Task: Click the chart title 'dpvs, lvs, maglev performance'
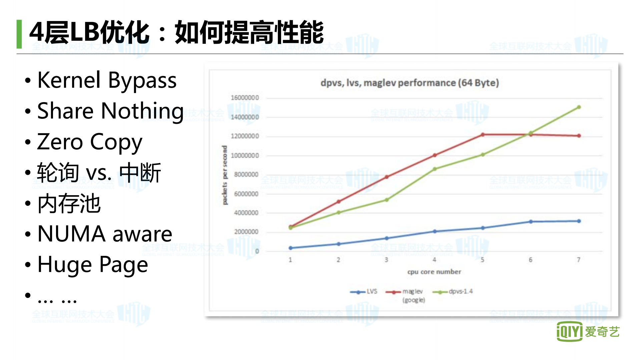410,83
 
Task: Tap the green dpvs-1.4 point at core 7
579,107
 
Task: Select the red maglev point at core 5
483,135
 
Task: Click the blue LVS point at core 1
290,248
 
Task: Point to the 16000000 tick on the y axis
245,98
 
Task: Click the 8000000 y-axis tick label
246,174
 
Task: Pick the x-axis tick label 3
387,260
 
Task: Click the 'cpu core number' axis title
434,272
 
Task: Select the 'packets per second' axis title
224,175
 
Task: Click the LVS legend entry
364,292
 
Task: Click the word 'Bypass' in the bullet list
142,81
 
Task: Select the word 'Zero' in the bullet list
60,142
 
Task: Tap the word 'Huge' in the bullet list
64,265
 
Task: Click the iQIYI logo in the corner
588,332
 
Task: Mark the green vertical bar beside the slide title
19,34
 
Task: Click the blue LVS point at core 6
531,222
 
